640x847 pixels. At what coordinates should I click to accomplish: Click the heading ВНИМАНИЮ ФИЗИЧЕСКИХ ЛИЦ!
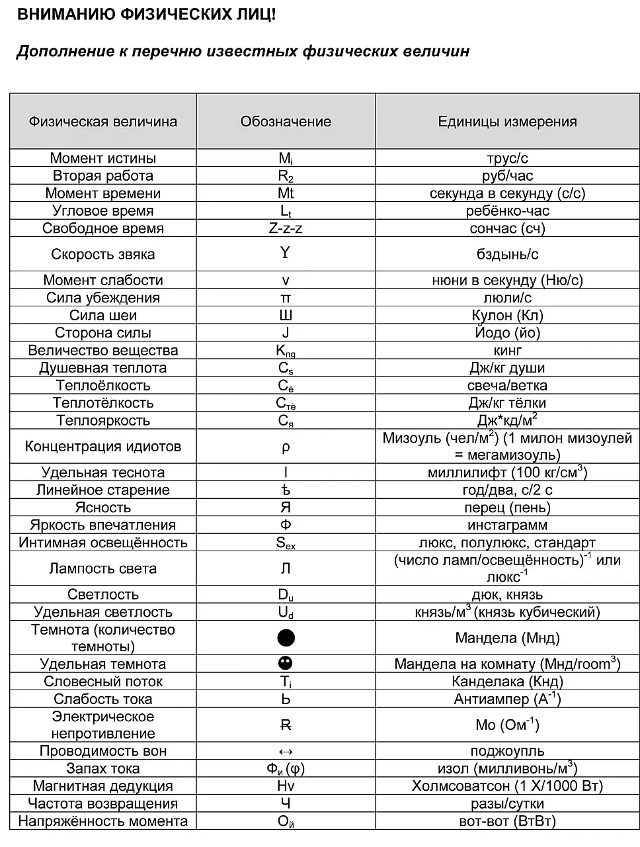click(145, 15)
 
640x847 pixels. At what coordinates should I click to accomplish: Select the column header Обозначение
click(286, 122)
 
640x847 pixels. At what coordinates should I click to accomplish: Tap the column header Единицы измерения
click(507, 122)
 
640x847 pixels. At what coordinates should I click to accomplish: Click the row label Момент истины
click(103, 158)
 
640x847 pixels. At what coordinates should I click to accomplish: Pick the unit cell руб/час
click(507, 176)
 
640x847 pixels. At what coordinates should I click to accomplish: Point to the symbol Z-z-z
click(286, 228)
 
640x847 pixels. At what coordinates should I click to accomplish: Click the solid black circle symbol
click(286, 638)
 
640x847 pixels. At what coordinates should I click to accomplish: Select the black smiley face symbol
click(286, 663)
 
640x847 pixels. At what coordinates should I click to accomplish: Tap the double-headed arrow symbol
click(286, 751)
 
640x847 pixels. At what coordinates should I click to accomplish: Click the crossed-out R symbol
click(286, 725)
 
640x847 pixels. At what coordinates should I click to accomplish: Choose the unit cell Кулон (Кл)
click(507, 316)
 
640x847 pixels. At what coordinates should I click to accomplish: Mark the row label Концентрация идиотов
click(103, 447)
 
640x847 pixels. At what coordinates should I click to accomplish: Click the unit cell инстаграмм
click(507, 525)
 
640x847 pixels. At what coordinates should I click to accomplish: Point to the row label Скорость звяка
click(103, 255)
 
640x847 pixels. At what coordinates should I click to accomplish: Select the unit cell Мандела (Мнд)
click(507, 638)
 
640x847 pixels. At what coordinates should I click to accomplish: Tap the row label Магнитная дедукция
click(103, 786)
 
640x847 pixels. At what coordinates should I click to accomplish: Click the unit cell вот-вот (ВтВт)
click(507, 821)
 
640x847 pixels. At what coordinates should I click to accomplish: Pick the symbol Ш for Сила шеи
click(286, 316)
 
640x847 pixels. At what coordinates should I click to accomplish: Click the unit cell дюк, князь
click(507, 594)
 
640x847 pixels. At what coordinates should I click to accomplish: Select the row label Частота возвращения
click(103, 803)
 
